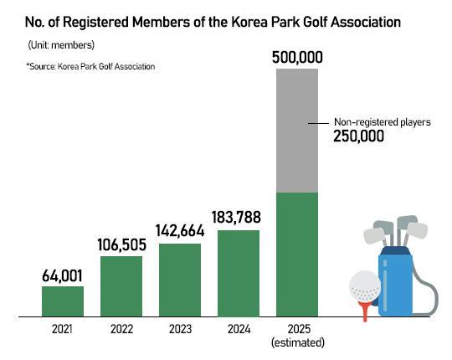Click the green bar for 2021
pos(63,301)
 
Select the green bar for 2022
pos(121,286)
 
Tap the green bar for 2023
pos(180,280)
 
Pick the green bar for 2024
pos(239,273)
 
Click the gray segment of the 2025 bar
pos(297,131)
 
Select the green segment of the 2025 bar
pos(297,255)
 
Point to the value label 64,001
pos(63,275)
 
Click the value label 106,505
pos(121,245)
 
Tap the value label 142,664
pos(180,232)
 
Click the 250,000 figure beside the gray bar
pos(359,137)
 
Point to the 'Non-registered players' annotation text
pos(382,122)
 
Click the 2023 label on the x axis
pos(180,329)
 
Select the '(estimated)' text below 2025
pos(297,342)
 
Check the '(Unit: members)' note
pos(61,44)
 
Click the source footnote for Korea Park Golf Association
pos(90,65)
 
